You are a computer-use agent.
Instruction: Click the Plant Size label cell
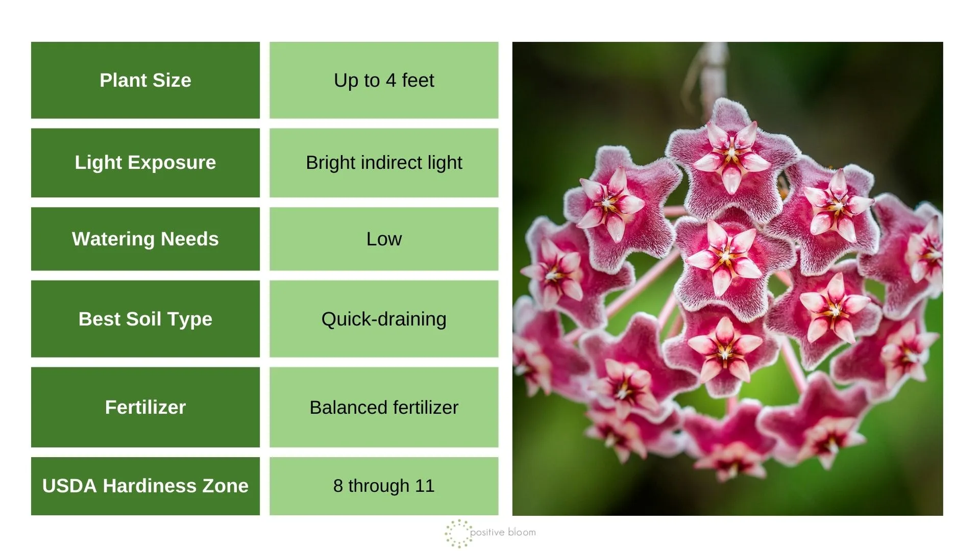[145, 80]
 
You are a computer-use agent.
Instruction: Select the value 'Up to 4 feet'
[384, 80]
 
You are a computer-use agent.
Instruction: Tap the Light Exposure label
[145, 162]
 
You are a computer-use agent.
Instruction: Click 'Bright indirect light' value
[384, 162]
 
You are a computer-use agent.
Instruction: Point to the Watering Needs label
[145, 239]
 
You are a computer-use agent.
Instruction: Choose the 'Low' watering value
[384, 239]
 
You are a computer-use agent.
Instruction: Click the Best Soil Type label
[145, 319]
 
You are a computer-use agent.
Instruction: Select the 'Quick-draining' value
[384, 319]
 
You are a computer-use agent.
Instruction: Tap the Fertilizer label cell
[145, 407]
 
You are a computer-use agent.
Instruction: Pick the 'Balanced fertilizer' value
[384, 407]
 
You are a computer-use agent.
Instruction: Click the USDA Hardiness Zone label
[145, 486]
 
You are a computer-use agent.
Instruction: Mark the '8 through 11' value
[384, 486]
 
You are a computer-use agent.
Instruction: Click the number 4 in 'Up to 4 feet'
[391, 80]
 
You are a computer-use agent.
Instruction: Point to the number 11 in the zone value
[425, 486]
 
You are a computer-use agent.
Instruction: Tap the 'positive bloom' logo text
[503, 533]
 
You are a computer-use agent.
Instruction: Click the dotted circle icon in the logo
[458, 533]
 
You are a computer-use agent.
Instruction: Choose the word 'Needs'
[189, 239]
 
